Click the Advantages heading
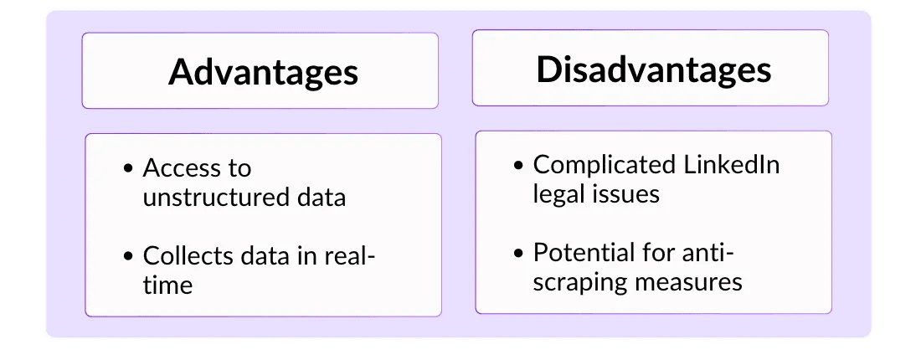point(263,73)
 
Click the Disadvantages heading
point(654,69)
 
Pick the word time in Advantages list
point(167,286)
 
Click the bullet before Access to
point(129,169)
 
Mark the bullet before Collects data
point(129,257)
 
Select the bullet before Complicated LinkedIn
point(518,166)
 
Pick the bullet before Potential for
point(518,254)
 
